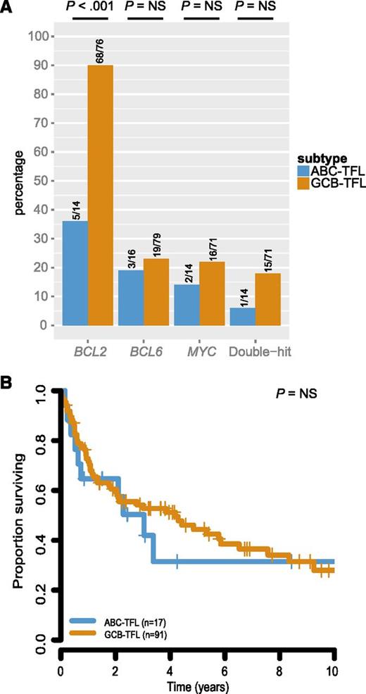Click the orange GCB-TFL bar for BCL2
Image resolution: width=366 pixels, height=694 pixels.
point(99,197)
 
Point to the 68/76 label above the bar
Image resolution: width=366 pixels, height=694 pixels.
point(99,49)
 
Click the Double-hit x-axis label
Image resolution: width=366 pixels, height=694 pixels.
point(254,348)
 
